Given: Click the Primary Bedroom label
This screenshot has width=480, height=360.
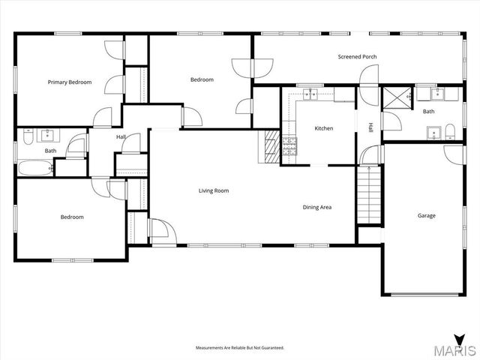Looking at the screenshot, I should pos(70,82).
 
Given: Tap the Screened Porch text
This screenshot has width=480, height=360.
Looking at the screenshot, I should pos(357,57).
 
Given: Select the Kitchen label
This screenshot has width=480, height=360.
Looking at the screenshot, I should pos(324,128).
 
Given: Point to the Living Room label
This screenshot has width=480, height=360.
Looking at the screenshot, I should pos(214,190).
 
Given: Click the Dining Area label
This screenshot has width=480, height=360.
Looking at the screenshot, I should pos(317,207).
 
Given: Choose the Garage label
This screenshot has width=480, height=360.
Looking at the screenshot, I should pos(427,215).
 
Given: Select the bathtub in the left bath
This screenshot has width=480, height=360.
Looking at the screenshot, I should pos(34,168).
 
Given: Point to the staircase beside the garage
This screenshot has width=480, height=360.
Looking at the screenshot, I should pos(367,194).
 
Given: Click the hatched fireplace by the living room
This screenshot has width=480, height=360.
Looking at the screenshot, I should pos(271,147).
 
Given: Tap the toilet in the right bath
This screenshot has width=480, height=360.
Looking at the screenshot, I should pos(450,133).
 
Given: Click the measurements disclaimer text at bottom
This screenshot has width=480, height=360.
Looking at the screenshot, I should pos(240,348).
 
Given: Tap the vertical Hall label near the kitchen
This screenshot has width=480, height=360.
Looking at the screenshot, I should pos(370,127).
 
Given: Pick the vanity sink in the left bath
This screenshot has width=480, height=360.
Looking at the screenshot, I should pos(47,135).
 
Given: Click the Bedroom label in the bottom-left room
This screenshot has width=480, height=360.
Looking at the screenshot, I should pos(72,217).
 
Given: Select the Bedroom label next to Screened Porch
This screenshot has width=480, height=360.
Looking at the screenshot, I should pos(202,79).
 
